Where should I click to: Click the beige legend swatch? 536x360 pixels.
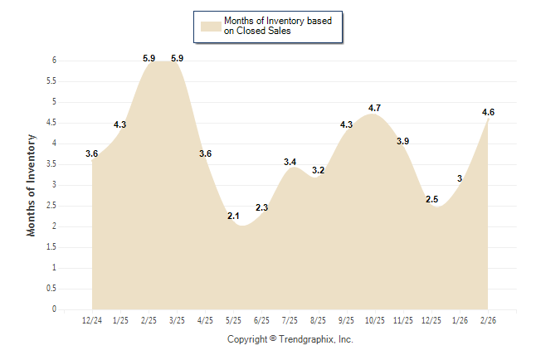pyautogui.click(x=211, y=25)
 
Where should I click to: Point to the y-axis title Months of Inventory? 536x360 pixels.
pyautogui.click(x=32, y=185)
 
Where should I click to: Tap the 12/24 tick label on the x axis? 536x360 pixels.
pyautogui.click(x=92, y=320)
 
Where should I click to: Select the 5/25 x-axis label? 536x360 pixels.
pyautogui.click(x=233, y=320)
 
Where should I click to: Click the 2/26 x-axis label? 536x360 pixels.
pyautogui.click(x=488, y=320)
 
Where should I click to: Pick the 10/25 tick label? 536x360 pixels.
pyautogui.click(x=375, y=320)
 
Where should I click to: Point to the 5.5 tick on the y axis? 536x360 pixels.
pyautogui.click(x=51, y=81)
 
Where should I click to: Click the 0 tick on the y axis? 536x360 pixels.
pyautogui.click(x=54, y=309)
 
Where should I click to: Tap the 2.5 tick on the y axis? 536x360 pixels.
pyautogui.click(x=51, y=206)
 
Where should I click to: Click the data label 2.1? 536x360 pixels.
pyautogui.click(x=233, y=216)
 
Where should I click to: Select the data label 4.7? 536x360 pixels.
pyautogui.click(x=374, y=108)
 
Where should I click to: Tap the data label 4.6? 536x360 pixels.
pyautogui.click(x=488, y=112)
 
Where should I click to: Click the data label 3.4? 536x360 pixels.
pyautogui.click(x=290, y=162)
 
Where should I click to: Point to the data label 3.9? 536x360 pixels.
pyautogui.click(x=402, y=141)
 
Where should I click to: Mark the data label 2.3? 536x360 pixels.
pyautogui.click(x=261, y=207)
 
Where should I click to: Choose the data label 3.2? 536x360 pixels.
pyautogui.click(x=318, y=170)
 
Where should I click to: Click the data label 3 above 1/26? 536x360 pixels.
pyautogui.click(x=460, y=178)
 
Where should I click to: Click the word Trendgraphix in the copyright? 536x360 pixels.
pyautogui.click(x=309, y=339)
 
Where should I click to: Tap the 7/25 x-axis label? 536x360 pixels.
pyautogui.click(x=290, y=320)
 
